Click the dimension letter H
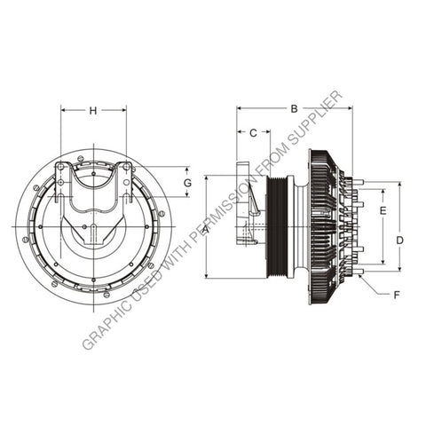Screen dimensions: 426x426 tap(93, 111)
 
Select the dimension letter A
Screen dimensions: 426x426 tap(205, 229)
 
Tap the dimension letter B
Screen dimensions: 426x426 tap(294, 109)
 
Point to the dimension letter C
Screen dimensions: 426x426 tap(252, 133)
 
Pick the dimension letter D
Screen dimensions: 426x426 tap(399, 240)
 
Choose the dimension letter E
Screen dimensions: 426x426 tap(383, 211)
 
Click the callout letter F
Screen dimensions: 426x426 tap(396, 293)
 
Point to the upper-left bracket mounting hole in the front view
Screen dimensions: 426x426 tap(60, 166)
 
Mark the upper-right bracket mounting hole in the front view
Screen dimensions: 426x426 tap(126, 166)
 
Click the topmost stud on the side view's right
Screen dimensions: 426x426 tap(358, 183)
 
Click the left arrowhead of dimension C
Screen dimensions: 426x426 tap(239, 133)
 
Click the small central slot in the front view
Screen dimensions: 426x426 tap(93, 236)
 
